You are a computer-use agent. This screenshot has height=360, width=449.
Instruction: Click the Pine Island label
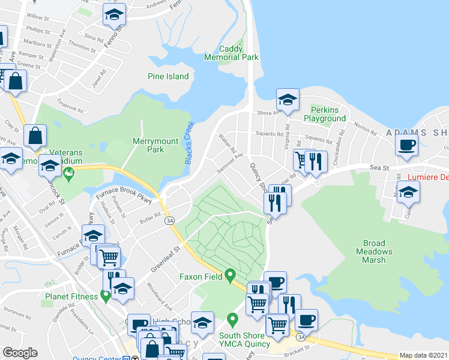pyautogui.click(x=168, y=76)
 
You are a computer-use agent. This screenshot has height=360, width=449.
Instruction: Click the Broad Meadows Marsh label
pyautogui.click(x=378, y=251)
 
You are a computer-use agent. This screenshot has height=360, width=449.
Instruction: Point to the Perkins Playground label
pyautogui.click(x=328, y=114)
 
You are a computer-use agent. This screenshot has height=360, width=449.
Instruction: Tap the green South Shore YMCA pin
pyautogui.click(x=232, y=318)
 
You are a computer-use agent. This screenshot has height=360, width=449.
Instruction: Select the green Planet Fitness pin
pyautogui.click(x=106, y=296)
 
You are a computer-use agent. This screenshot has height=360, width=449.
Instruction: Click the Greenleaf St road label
pyautogui.click(x=165, y=257)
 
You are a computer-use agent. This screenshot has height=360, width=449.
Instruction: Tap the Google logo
pyautogui.click(x=20, y=353)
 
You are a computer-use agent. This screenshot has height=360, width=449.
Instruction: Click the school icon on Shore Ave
pyautogui.click(x=288, y=100)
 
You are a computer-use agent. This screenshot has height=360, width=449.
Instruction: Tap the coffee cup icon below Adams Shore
pyautogui.click(x=407, y=145)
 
